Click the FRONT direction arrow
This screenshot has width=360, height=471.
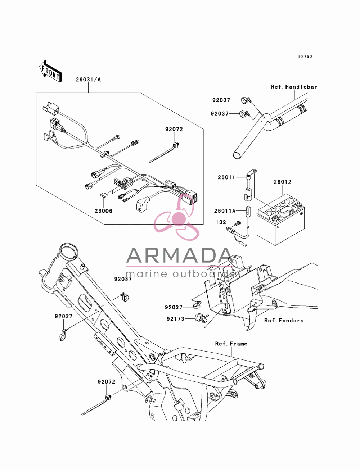(51, 71)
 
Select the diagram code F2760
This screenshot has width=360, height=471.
(305, 56)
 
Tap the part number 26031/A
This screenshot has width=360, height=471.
(88, 80)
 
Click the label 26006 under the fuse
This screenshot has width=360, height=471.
(103, 211)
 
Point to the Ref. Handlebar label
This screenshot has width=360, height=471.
(294, 87)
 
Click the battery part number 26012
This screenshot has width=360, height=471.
(283, 182)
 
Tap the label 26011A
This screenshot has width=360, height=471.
(225, 211)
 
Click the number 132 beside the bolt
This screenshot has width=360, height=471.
(221, 222)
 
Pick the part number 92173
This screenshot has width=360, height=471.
(176, 319)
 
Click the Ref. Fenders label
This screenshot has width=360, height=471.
(284, 320)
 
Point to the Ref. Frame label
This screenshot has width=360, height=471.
(231, 344)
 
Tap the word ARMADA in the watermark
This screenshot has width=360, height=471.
(180, 255)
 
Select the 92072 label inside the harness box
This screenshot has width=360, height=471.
(174, 129)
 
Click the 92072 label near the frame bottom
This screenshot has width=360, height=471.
(107, 381)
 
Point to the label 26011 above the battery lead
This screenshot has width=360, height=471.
(226, 177)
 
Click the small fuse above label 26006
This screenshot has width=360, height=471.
(102, 195)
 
